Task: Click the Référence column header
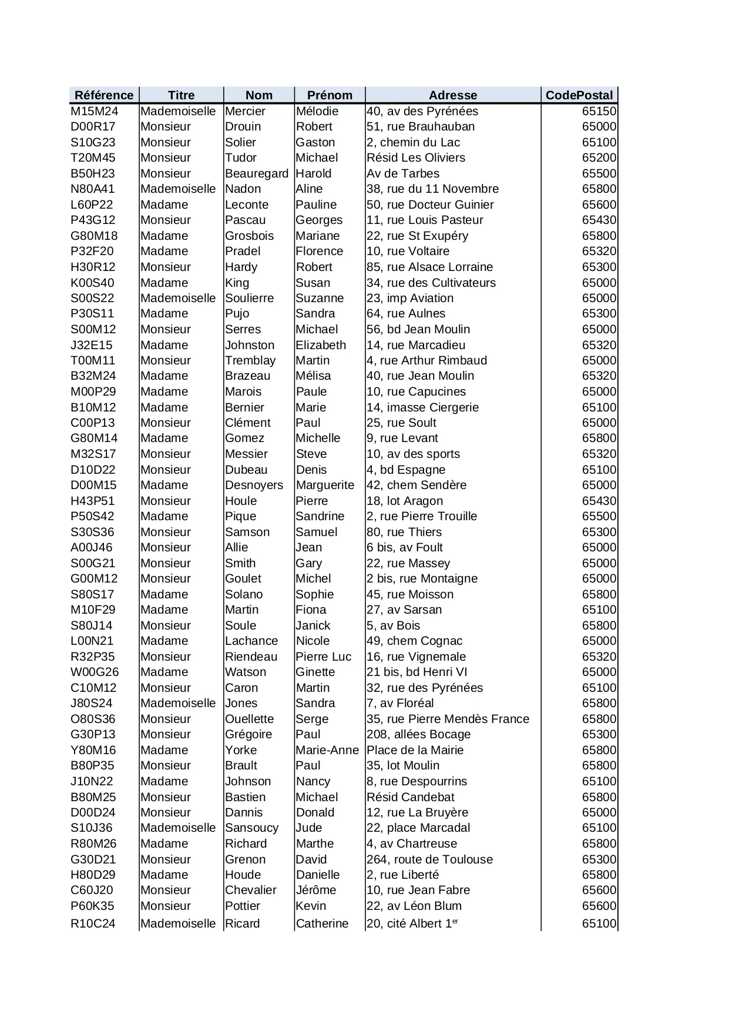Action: [104, 95]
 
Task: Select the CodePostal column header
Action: [579, 95]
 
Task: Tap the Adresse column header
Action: [452, 95]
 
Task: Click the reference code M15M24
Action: [95, 111]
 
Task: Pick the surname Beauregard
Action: [257, 173]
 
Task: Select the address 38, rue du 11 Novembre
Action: [432, 189]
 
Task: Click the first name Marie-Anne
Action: [327, 750]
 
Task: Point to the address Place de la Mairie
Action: [415, 750]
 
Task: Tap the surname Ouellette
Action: [250, 719]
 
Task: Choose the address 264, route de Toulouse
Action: [429, 859]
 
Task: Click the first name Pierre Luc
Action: [324, 657]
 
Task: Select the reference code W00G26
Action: [95, 672]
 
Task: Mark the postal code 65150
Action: [599, 111]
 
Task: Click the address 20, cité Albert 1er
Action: [412, 923]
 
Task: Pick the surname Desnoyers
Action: [254, 485]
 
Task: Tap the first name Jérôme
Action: [316, 890]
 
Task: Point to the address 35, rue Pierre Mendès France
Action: [448, 719]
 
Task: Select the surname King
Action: [237, 283]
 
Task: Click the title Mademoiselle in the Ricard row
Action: [179, 923]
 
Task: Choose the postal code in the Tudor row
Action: [599, 158]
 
